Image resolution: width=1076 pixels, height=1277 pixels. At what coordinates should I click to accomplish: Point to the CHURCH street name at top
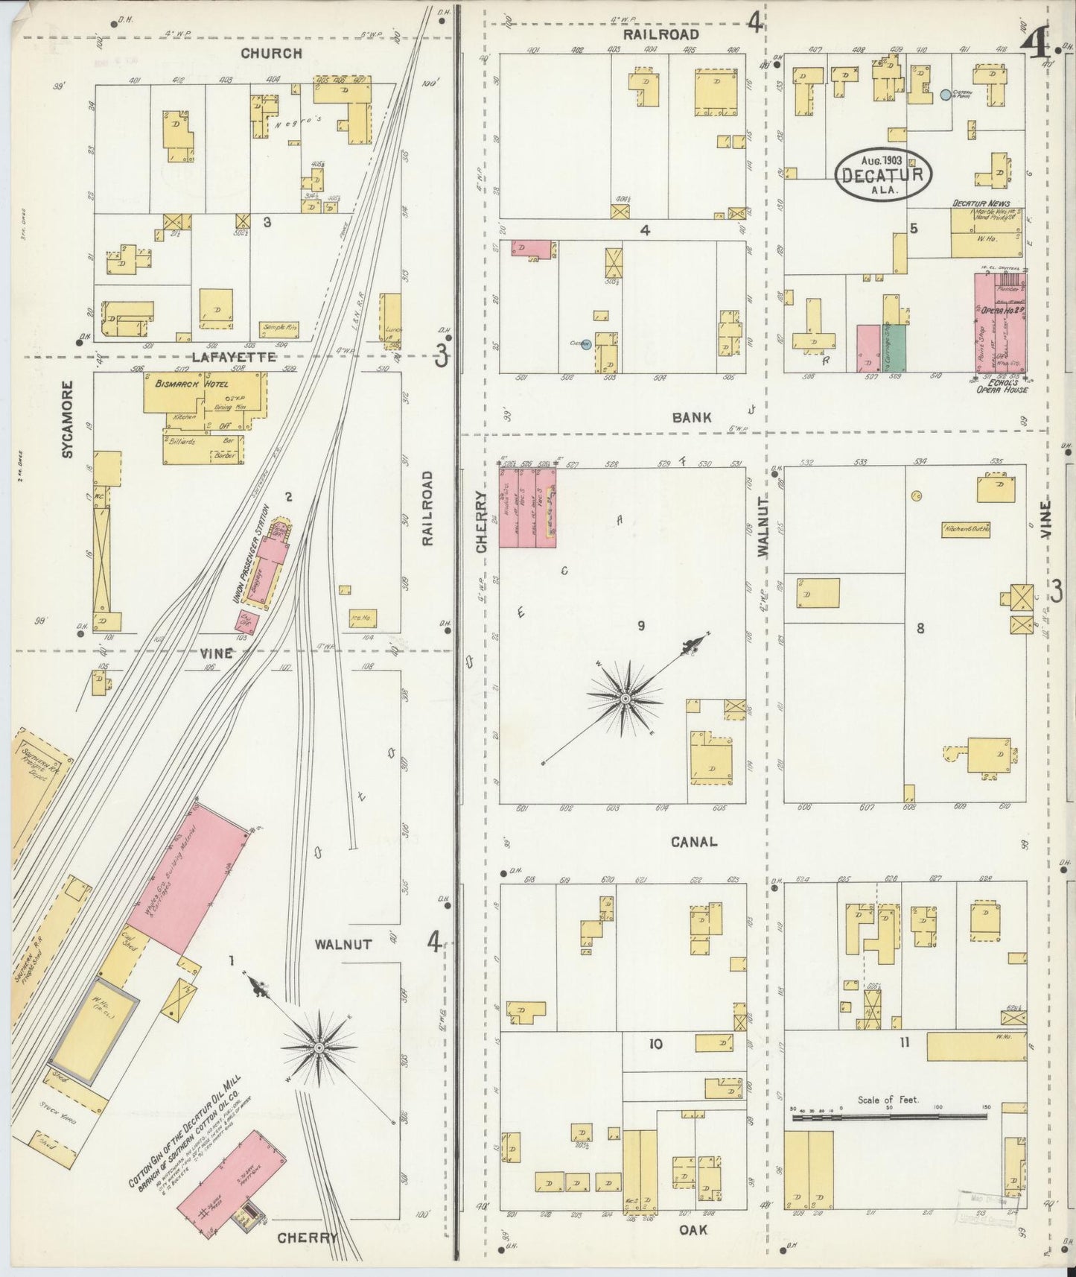pos(271,54)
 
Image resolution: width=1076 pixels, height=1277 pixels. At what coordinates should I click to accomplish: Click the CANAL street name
pos(693,842)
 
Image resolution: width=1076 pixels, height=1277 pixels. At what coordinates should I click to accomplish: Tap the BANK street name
pos(691,417)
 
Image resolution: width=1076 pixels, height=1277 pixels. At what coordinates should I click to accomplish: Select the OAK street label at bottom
pos(693,1229)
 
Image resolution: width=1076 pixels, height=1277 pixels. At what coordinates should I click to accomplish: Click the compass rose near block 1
pos(319,1047)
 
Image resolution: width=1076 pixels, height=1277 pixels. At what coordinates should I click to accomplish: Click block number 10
pos(655,1045)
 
